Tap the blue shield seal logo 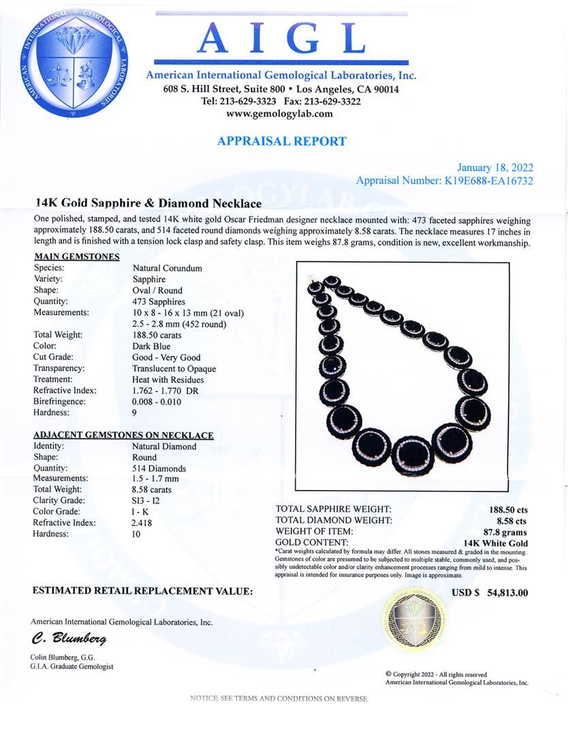[x=74, y=63]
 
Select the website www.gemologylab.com [x=280, y=114]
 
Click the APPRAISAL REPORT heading [x=281, y=142]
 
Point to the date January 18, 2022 [x=495, y=168]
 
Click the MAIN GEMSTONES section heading [x=77, y=257]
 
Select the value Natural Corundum [x=168, y=268]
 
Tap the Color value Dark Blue [x=152, y=346]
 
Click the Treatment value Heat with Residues [x=168, y=379]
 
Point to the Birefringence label [x=59, y=402]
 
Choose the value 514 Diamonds [x=159, y=468]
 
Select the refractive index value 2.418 [x=142, y=523]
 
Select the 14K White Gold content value [x=495, y=542]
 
